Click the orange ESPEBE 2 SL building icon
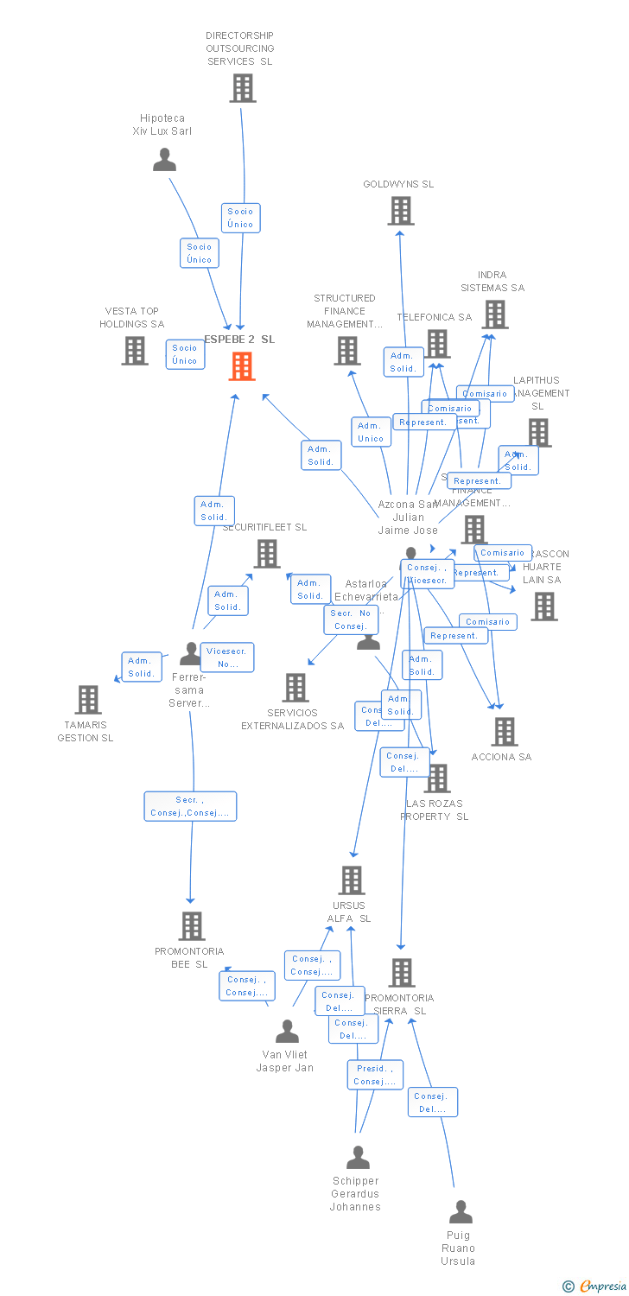point(242,366)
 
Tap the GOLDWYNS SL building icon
point(401,211)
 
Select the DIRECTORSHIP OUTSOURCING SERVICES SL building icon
point(243,88)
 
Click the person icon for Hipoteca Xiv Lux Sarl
point(164,160)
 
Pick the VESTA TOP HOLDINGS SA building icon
point(135,351)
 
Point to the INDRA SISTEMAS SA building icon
point(495,314)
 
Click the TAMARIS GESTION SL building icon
point(88,700)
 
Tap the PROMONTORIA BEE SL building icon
point(192,926)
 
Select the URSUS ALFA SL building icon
point(352,880)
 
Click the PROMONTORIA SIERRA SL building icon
point(402,973)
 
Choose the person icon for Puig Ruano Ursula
point(461,1212)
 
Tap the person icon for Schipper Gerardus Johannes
point(358,1158)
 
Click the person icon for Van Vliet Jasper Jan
point(287,1032)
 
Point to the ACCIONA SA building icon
point(505,732)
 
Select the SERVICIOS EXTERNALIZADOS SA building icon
point(295,688)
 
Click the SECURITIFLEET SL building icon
point(267,554)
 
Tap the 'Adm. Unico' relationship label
point(371,432)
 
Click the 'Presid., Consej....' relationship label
point(375,1075)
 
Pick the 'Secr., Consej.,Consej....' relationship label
point(190,806)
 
